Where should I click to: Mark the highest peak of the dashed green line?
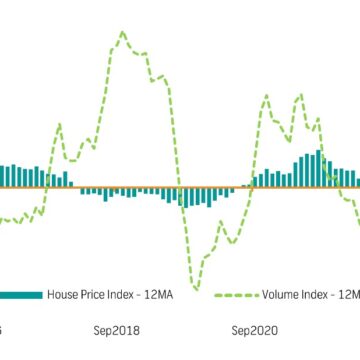[x=123, y=32]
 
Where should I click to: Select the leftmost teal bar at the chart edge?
[x=2, y=176]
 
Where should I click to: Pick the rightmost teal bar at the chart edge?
[x=357, y=178]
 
